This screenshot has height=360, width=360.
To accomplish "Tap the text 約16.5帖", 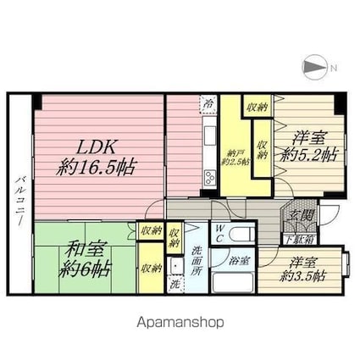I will click(x=96, y=165).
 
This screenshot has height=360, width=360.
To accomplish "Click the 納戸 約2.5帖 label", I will click(x=235, y=158).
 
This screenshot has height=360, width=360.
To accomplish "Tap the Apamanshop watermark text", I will click(x=180, y=322).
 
